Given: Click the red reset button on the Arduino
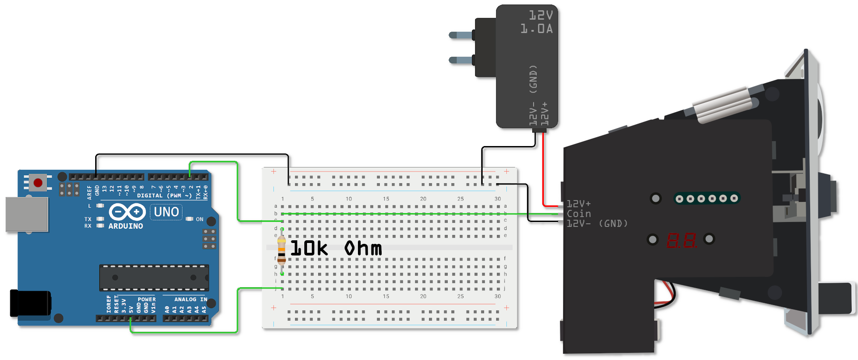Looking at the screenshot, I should point(38,183).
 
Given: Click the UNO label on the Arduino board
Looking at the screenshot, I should point(166,212).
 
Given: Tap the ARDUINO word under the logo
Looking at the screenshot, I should point(126,226).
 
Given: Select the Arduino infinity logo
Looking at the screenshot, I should point(127,212).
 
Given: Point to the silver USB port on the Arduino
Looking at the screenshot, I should point(26,214).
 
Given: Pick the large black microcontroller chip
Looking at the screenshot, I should point(154,277).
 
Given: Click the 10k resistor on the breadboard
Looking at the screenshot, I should point(282,251).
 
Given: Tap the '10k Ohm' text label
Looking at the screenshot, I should point(336,249).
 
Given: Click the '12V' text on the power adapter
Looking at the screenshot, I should point(541,16).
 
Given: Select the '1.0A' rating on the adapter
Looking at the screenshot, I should point(536,29).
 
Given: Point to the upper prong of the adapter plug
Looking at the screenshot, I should point(460,35).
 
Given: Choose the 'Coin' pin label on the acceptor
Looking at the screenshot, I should point(579,214).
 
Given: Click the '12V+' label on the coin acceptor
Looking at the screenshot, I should point(579,204).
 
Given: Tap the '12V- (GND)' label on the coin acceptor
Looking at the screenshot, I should point(597,223).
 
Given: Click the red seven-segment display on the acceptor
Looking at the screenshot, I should point(681,240).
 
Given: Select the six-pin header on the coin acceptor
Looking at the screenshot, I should point(707,198).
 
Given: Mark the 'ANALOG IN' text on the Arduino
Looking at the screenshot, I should point(191,299).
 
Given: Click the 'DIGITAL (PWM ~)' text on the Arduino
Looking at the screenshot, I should point(164,196).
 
